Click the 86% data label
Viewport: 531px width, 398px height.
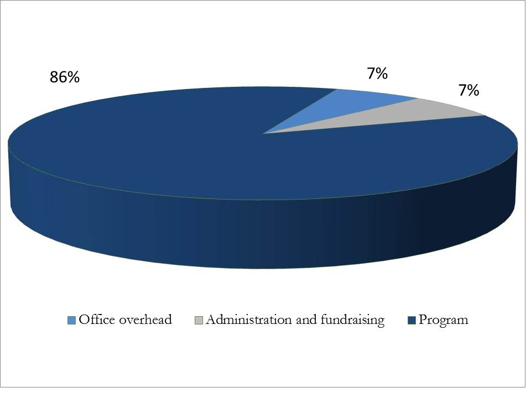coord(65,78)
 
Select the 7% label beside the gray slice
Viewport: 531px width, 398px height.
coord(468,90)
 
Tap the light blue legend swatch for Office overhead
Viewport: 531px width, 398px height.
coord(71,320)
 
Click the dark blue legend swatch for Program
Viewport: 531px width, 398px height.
coord(412,320)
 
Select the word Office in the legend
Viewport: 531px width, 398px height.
coord(95,320)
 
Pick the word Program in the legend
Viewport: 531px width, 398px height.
coord(443,320)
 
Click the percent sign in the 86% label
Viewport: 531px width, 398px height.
coord(73,78)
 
